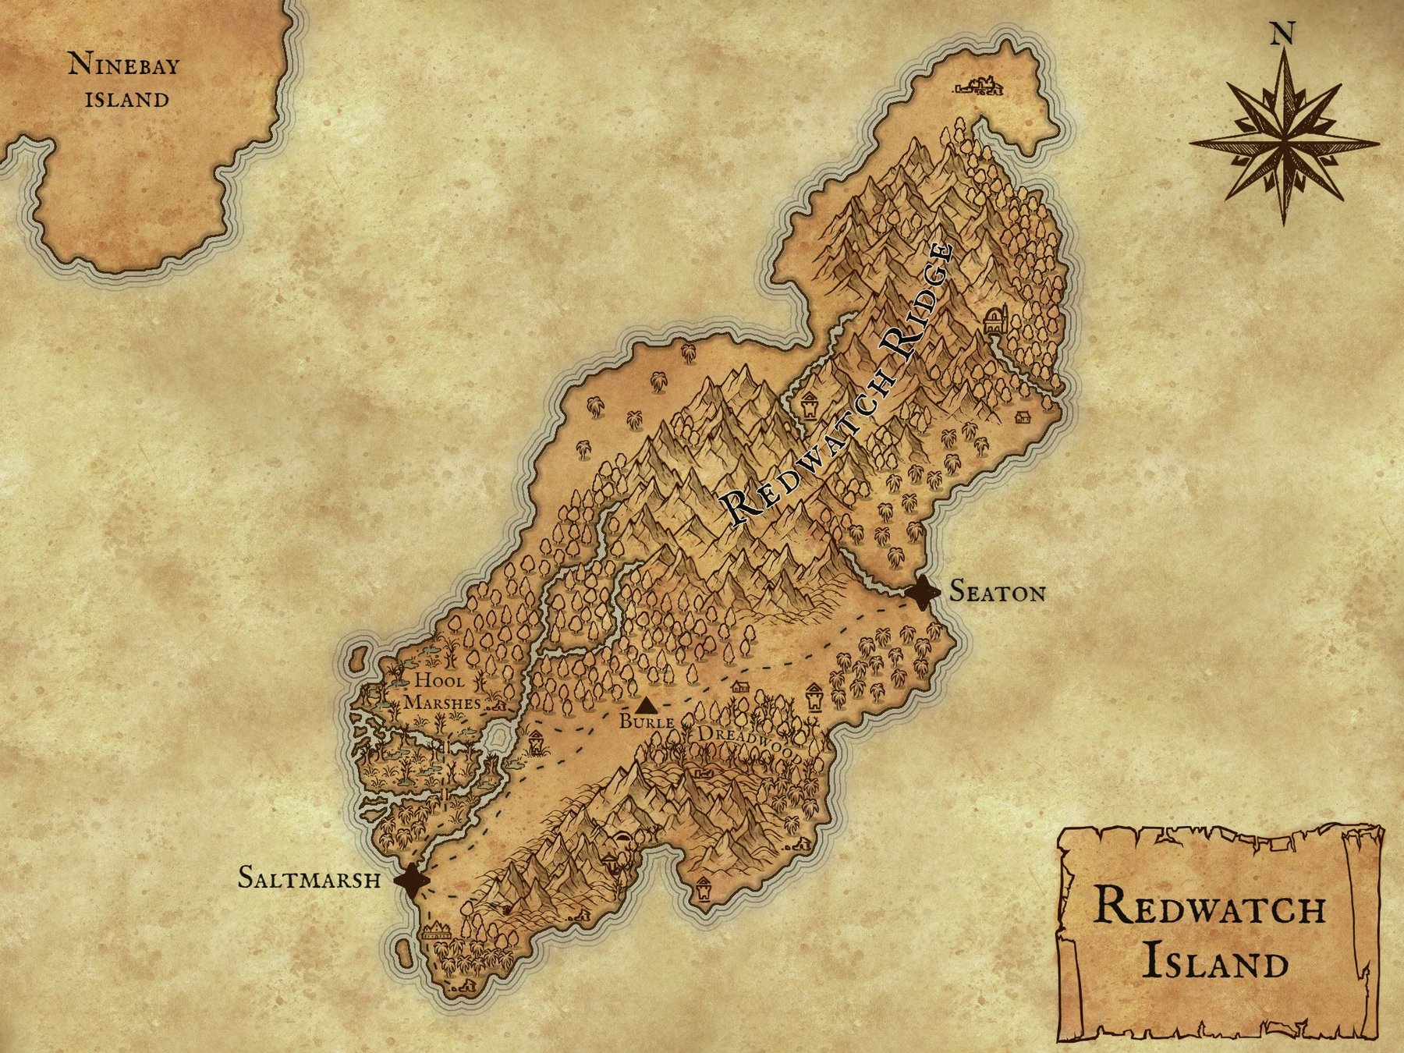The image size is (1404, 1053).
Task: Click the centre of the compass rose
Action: click(x=1283, y=144)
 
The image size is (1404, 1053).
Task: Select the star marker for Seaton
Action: click(x=922, y=594)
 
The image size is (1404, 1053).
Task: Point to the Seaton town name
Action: click(x=997, y=593)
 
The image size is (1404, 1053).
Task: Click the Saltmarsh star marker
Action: click(x=412, y=881)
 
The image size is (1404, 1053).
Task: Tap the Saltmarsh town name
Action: click(x=310, y=878)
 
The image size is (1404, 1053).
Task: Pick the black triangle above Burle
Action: click(x=645, y=706)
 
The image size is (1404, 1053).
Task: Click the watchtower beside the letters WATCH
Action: click(x=809, y=406)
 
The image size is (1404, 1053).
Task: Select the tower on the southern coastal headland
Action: click(x=704, y=889)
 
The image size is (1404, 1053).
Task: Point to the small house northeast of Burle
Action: click(x=739, y=686)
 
